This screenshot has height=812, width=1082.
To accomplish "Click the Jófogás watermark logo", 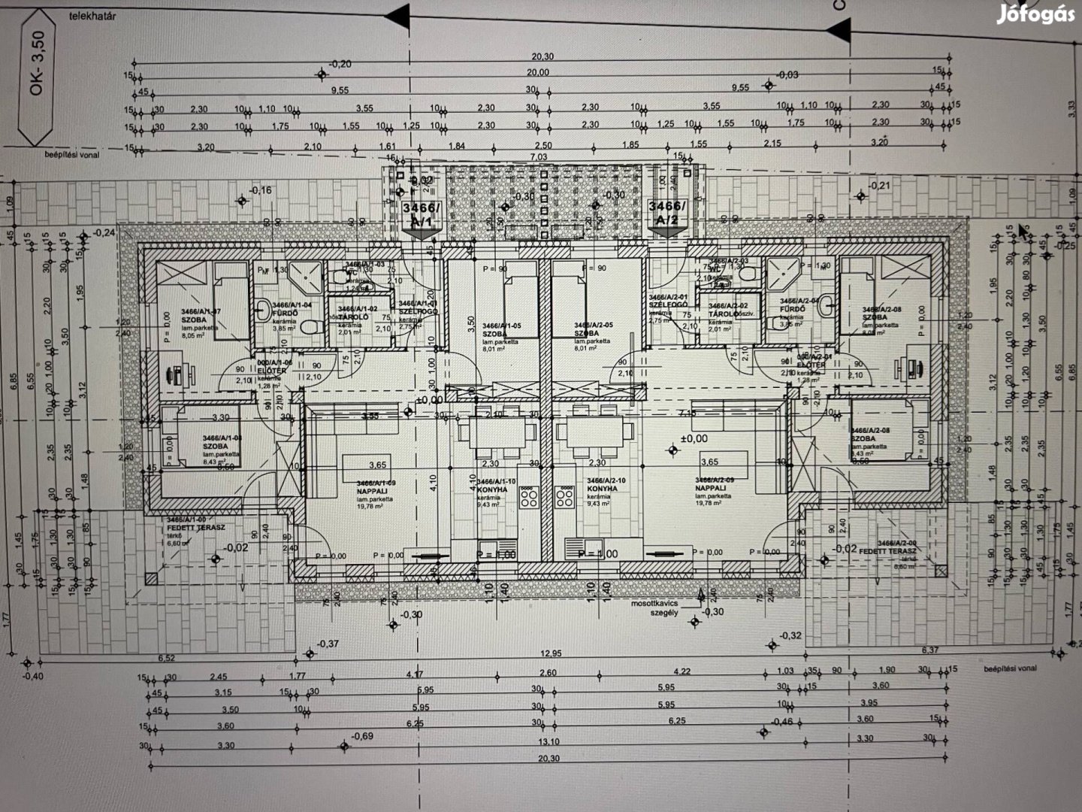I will click(1035, 15).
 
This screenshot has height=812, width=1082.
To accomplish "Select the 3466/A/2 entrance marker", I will click(666, 213).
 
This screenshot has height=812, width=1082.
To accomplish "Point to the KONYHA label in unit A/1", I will click(491, 489).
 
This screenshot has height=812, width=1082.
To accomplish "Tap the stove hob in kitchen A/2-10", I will click(566, 496).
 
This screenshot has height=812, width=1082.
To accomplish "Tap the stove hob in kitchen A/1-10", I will click(530, 496).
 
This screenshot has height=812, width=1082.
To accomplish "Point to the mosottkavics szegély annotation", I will click(654, 607).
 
